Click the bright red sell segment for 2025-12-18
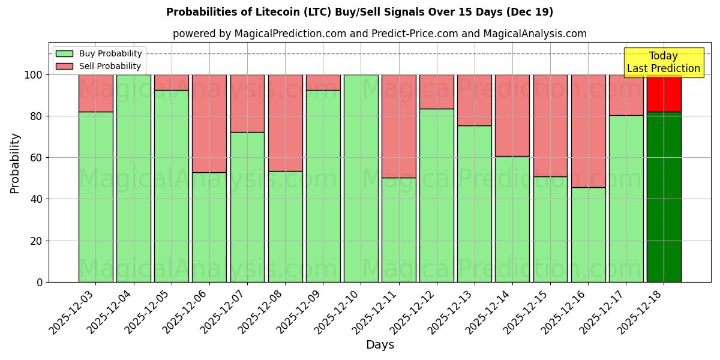point(664,93)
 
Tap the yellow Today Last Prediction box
point(663,62)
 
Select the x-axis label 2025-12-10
point(338,314)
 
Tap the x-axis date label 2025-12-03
point(73,314)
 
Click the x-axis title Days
point(380,345)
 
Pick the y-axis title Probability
point(15,163)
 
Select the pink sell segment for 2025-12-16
point(588,131)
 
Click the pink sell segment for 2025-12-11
point(398,126)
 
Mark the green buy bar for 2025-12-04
point(133,178)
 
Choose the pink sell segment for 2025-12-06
point(209,124)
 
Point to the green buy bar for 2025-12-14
point(512,219)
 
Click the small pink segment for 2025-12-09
point(323,82)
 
